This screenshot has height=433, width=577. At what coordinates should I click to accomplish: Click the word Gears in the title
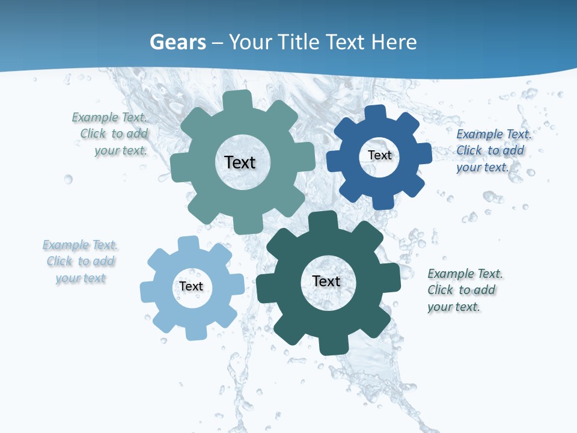click(178, 42)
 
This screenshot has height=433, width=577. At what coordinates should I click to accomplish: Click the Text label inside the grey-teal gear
click(240, 162)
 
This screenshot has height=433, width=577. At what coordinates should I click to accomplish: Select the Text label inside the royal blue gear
click(379, 155)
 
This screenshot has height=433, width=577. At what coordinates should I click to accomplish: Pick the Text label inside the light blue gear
click(191, 286)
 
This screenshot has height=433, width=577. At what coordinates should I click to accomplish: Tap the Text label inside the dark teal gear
click(326, 281)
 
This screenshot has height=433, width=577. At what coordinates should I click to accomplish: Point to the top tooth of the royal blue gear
click(376, 113)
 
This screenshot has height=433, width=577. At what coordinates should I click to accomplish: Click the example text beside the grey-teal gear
click(111, 134)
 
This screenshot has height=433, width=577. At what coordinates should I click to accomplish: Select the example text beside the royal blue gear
click(493, 150)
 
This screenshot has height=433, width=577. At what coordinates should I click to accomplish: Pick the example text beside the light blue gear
click(81, 261)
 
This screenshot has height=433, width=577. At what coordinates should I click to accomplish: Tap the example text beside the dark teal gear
click(464, 290)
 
